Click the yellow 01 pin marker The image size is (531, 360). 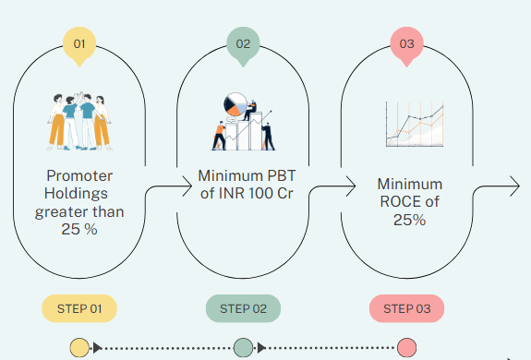[x=79, y=45]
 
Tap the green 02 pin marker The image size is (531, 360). [x=243, y=45]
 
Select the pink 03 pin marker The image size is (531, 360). [x=406, y=45]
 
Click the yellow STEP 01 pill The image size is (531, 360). [x=79, y=308]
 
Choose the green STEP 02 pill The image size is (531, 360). [x=243, y=308]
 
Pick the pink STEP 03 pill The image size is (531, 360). [x=406, y=308]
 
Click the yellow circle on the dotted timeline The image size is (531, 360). [x=79, y=347]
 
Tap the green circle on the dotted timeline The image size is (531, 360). [x=243, y=347]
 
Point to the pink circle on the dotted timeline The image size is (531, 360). [x=406, y=347]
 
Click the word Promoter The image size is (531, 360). [x=79, y=176]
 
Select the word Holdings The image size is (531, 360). [x=77, y=194]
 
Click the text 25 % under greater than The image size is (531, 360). [x=79, y=230]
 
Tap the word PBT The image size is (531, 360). [x=282, y=176]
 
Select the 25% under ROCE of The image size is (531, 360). [x=409, y=220]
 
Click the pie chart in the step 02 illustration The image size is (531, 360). [x=235, y=104]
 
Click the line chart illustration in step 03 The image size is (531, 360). [x=415, y=125]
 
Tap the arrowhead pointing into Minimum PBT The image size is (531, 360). [x=187, y=186]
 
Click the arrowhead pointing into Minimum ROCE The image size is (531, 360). [x=351, y=186]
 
